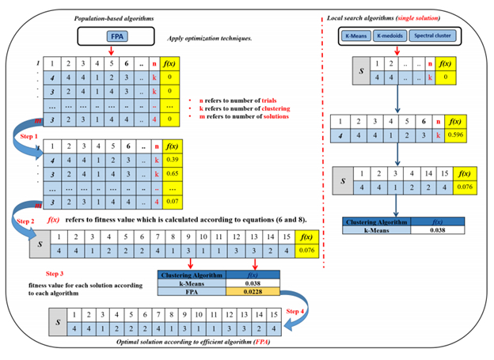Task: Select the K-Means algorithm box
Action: pyautogui.click(x=357, y=36)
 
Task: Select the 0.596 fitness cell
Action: pyautogui.click(x=456, y=135)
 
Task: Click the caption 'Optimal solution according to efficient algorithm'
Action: pyautogui.click(x=191, y=346)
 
